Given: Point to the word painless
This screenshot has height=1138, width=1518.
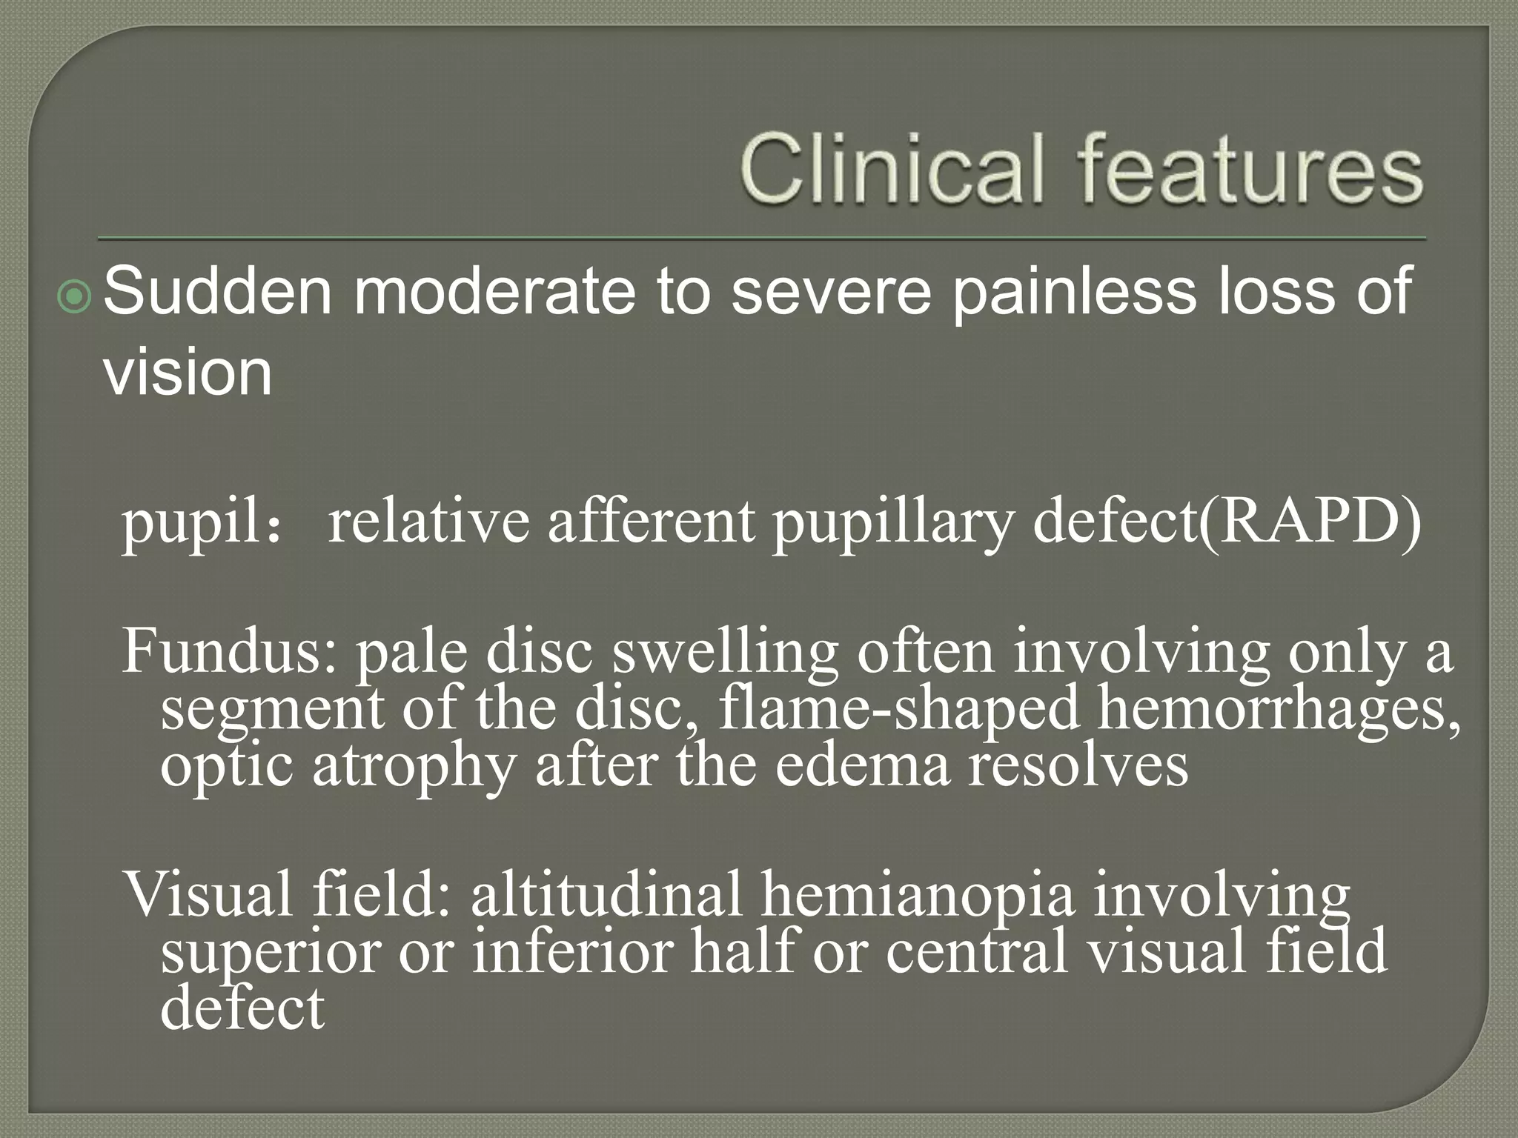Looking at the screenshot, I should (x=1073, y=292).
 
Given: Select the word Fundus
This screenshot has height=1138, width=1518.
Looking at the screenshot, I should (x=222, y=650).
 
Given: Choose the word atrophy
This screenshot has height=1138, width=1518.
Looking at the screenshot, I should (x=413, y=767).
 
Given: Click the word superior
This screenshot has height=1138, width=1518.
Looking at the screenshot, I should (x=270, y=951).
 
